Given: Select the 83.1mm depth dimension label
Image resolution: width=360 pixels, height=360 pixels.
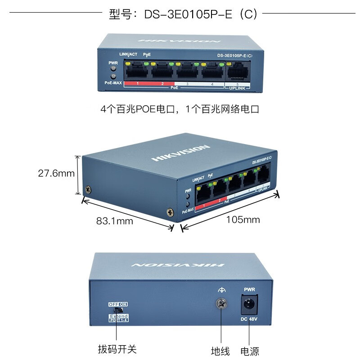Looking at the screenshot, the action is [114, 220].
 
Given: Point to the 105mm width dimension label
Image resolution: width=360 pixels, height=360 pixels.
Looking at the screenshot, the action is [243, 220].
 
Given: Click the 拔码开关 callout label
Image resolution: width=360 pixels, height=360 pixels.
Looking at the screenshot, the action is [117, 349].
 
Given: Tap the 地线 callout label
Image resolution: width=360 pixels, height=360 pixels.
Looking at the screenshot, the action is [220, 351].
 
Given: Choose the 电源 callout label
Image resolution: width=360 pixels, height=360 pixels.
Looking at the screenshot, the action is [250, 351].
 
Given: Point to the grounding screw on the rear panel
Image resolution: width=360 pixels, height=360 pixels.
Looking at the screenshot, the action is [220, 304].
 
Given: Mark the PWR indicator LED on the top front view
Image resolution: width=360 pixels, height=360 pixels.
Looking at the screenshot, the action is [113, 69].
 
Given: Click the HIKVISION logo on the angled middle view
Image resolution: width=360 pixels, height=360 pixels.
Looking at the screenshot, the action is [180, 153].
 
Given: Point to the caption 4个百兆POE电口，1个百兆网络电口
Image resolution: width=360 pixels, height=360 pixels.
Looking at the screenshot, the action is [180, 109].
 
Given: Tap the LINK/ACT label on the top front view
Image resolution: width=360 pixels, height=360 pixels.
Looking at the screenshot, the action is [128, 54].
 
